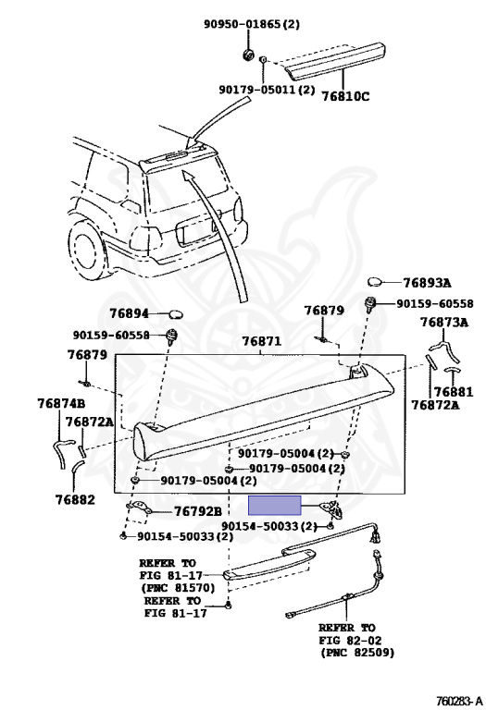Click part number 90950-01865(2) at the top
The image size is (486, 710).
[x=251, y=23]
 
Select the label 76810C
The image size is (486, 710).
[x=345, y=96]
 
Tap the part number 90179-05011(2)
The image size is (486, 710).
[x=267, y=90]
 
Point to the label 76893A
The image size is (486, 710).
[x=427, y=283]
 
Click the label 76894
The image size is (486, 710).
[x=129, y=313]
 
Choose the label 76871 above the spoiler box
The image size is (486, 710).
[x=261, y=341]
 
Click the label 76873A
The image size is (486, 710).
[x=444, y=323]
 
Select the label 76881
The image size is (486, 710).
[x=454, y=391]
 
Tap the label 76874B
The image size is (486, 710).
[x=61, y=403]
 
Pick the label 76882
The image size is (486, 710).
[x=75, y=500]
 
